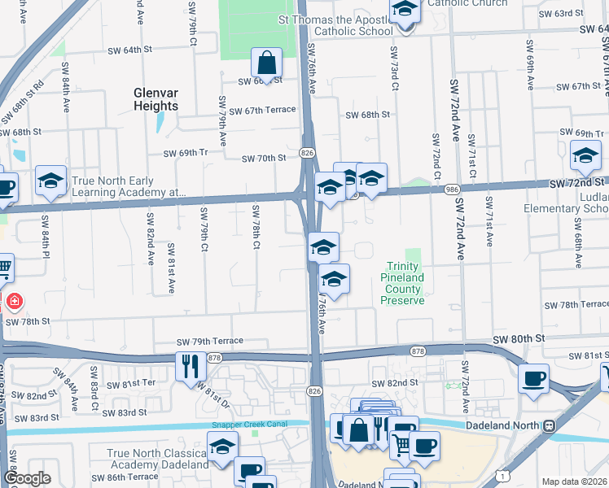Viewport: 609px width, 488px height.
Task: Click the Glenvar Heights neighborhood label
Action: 156,99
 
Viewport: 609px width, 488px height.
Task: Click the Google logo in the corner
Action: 27,478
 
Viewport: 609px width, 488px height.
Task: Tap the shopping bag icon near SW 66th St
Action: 266,62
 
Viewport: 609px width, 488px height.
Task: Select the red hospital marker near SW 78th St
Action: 14,303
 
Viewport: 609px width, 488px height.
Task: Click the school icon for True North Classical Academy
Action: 221,447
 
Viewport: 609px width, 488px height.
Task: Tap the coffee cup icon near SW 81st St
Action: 534,378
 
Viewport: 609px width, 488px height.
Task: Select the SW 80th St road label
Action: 516,338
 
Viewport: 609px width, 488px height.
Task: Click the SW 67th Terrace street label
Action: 262,111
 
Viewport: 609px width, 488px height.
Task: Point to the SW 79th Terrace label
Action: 210,343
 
